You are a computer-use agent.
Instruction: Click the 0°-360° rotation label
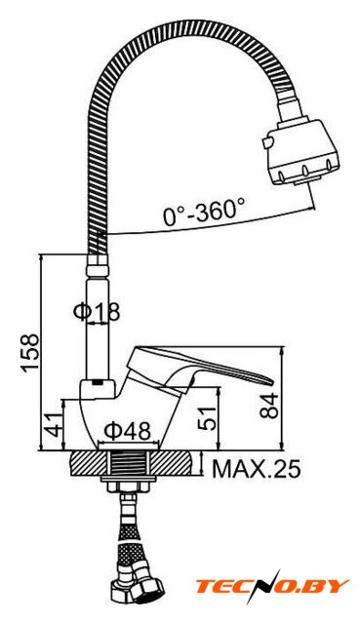(204, 211)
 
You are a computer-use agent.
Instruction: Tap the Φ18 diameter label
(97, 312)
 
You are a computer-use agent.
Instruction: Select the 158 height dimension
(30, 353)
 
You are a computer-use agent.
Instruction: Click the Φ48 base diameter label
(128, 430)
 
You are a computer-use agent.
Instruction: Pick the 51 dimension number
(208, 418)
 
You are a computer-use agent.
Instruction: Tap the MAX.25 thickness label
(256, 469)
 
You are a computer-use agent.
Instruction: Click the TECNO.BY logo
(272, 586)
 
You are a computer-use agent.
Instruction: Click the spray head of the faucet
(301, 151)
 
